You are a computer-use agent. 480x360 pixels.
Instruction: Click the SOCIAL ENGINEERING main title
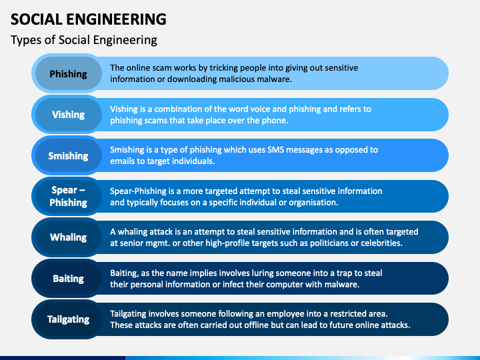click(89, 19)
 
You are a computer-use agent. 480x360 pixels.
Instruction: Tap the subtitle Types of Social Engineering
click(84, 40)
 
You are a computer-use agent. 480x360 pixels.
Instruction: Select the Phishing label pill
click(68, 74)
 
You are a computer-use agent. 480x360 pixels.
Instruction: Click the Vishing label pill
click(68, 115)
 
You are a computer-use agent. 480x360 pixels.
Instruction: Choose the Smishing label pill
click(68, 155)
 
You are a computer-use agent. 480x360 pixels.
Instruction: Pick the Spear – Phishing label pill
click(68, 196)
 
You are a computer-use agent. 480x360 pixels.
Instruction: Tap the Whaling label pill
click(68, 237)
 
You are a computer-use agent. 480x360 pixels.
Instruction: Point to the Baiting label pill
click(68, 278)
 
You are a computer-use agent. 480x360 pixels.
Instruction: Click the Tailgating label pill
click(68, 319)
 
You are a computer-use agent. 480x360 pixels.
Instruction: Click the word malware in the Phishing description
click(274, 79)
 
